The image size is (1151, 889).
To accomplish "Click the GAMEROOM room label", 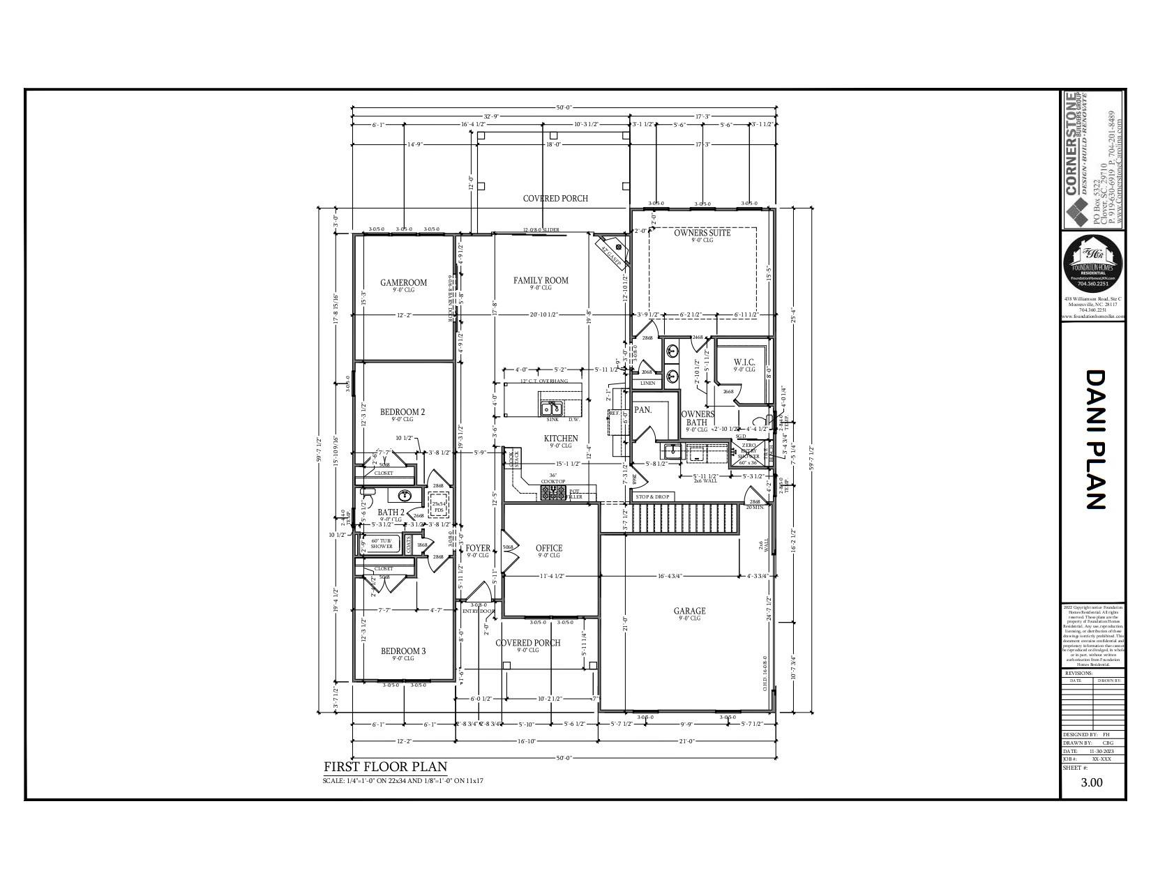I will pos(403,282).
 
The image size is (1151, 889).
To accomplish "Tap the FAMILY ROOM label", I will pos(541,280).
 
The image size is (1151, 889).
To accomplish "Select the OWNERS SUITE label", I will pos(702,233).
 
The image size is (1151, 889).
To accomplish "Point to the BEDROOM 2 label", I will pos(403,412).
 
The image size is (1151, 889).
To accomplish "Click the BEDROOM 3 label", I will pos(403,651).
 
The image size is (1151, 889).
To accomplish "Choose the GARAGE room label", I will pos(689,611).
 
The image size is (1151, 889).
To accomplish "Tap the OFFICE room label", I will pos(548,548).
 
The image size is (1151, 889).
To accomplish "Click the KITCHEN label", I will pos(561,439).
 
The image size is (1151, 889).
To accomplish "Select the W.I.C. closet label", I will pos(744,362).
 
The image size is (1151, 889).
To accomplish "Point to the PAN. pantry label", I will pos(642,410).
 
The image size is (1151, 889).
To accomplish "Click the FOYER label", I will pos(478,548).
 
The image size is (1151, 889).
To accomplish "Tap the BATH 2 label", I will pos(391,512).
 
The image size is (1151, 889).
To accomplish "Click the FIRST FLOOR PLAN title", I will pos(385,767).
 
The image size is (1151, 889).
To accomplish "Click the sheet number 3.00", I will pos(1092,782).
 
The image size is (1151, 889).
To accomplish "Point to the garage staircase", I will pos(684,519).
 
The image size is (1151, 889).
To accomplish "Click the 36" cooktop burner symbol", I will pos(554,493).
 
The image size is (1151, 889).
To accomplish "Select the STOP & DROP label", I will pos(652,496).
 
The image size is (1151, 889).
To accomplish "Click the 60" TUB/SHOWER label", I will pos(382,543).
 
